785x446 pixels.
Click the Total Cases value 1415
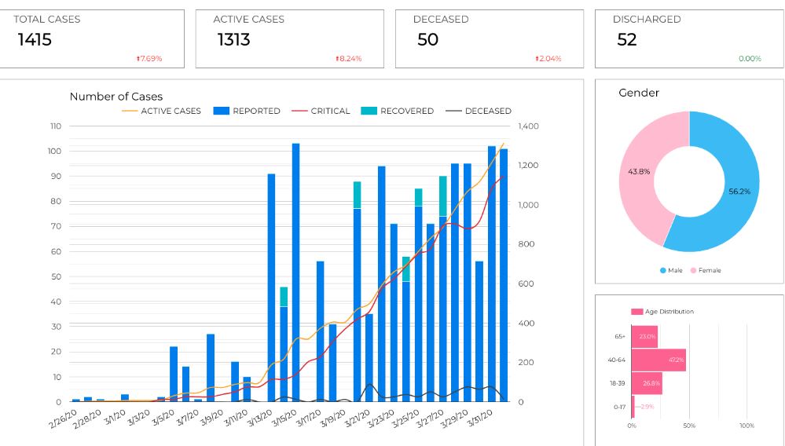pos(35,39)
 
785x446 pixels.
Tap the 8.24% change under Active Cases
pos(349,59)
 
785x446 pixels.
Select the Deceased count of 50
pos(427,39)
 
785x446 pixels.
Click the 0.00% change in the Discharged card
pos(750,59)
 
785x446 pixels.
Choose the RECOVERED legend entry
pos(406,111)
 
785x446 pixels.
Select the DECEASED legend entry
pos(487,111)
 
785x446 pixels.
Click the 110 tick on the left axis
pos(55,126)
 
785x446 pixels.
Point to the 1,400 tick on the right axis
pos(529,126)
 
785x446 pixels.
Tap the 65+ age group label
pos(620,337)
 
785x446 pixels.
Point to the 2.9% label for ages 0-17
pos(645,407)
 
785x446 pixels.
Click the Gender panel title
pos(639,93)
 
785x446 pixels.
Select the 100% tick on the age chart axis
pos(746,426)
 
